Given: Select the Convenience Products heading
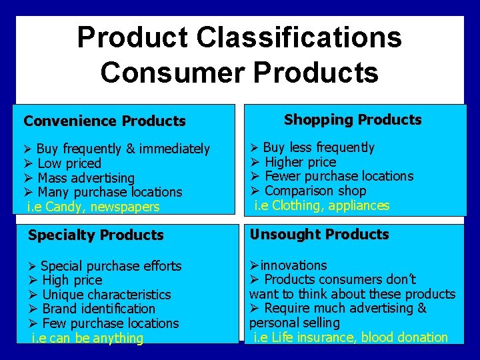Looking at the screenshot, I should click(105, 121).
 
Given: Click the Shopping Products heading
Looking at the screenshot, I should click(353, 120).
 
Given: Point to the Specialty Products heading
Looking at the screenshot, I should click(96, 235).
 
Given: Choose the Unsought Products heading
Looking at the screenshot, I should click(319, 235).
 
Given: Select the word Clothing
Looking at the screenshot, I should click(296, 205).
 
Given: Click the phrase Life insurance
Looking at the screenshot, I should click(313, 337).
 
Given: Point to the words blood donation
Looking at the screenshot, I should click(406, 337).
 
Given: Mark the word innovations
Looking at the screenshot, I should click(293, 265).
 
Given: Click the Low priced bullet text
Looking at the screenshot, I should click(69, 163).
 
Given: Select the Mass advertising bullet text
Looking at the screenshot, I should click(86, 178).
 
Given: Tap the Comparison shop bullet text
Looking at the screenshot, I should click(315, 191).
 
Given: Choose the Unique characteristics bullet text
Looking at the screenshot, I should click(107, 295).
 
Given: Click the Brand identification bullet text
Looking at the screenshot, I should click(99, 309).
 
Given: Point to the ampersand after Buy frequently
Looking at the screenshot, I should click(129, 149).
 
